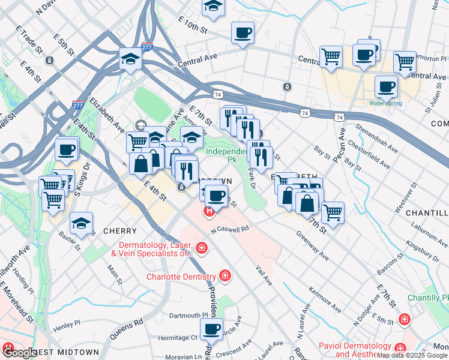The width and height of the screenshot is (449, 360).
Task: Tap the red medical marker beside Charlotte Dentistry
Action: [224, 276]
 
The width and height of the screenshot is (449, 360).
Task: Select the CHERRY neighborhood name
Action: [120, 231]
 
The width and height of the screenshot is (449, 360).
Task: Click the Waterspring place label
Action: [385, 103]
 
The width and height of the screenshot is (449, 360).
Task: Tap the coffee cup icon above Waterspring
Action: [386, 87]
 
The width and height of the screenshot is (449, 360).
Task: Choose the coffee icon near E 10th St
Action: [243, 32]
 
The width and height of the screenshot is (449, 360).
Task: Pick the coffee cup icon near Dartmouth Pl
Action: [211, 329]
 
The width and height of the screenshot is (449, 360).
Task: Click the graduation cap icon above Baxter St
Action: [81, 223]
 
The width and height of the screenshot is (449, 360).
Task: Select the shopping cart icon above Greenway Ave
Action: [333, 212]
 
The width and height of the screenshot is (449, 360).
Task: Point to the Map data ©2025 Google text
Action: [412, 355]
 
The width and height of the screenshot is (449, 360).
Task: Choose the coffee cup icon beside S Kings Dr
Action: [67, 149]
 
